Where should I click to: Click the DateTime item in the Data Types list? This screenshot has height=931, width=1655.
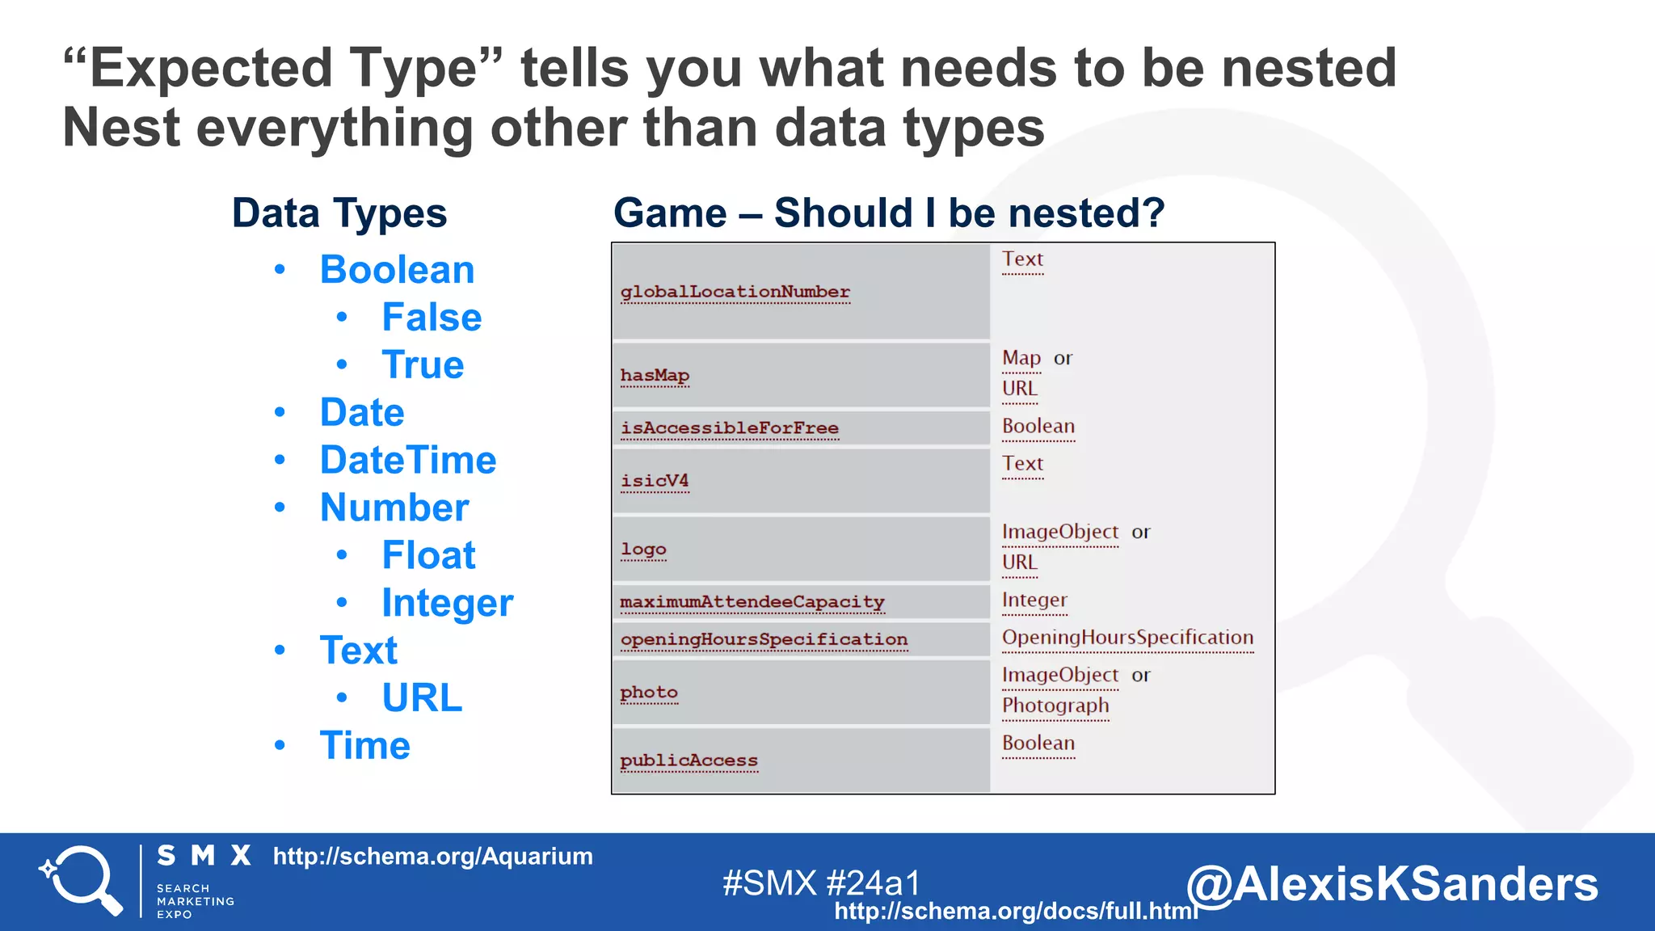(x=407, y=461)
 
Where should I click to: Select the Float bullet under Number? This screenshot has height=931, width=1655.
(x=428, y=556)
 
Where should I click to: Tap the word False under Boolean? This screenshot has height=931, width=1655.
(x=432, y=318)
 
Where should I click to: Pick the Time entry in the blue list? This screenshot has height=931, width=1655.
(x=364, y=746)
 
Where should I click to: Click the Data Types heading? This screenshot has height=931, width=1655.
(x=339, y=214)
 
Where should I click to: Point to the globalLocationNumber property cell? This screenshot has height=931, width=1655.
(x=735, y=292)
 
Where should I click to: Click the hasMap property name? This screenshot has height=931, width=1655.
(x=655, y=376)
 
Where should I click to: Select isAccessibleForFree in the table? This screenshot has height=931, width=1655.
(x=729, y=428)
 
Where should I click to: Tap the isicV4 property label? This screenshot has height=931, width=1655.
(x=655, y=481)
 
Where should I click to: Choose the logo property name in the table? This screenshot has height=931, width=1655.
(x=643, y=550)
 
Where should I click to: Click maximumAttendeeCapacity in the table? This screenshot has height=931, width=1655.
(x=752, y=602)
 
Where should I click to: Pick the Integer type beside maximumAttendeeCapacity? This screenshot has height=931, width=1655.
(x=1034, y=600)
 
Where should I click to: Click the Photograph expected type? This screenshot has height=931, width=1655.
(x=1055, y=706)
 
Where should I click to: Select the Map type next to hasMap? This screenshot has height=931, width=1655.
(x=1021, y=358)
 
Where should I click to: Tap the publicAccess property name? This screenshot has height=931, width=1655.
(x=689, y=760)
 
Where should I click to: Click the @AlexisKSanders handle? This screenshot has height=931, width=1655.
(x=1392, y=884)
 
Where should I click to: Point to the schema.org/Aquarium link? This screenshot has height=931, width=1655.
(x=432, y=857)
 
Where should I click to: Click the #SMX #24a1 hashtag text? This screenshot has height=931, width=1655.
(x=821, y=883)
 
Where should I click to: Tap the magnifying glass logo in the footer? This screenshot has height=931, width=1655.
(x=82, y=880)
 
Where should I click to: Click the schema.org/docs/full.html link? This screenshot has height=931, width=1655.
(x=1016, y=912)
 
